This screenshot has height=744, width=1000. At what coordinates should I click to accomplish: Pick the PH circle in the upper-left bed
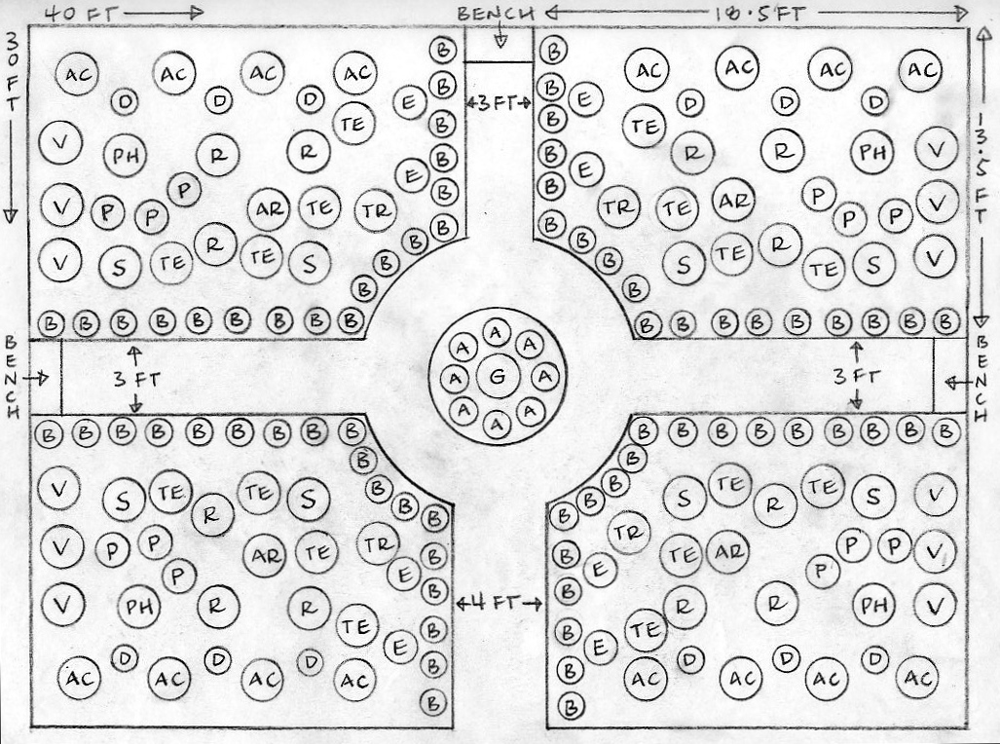pyautogui.click(x=125, y=155)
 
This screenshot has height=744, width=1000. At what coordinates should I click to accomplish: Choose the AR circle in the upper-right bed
pyautogui.click(x=733, y=200)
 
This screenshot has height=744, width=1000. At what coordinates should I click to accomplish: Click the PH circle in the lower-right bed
pyautogui.click(x=873, y=604)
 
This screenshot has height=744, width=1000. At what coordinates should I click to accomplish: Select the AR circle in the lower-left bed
pyautogui.click(x=264, y=555)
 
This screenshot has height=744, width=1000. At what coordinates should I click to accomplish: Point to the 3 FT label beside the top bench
pyautogui.click(x=498, y=102)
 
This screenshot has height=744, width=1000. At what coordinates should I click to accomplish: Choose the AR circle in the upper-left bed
pyautogui.click(x=267, y=208)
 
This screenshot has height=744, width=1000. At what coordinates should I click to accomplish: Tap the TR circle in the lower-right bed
pyautogui.click(x=629, y=532)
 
